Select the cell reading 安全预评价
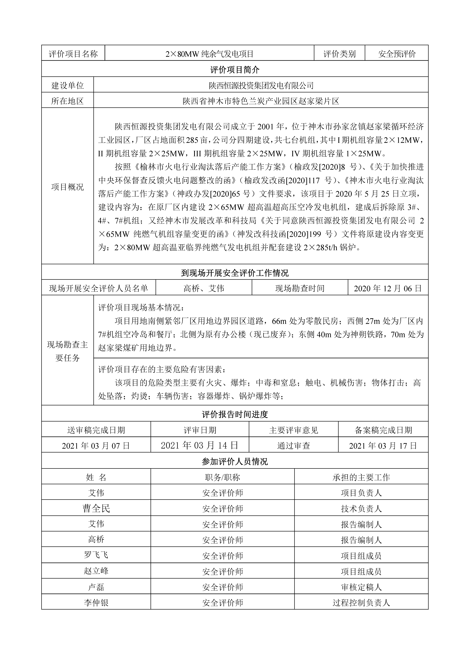click(397, 54)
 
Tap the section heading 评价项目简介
click(235, 69)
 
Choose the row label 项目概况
click(67, 187)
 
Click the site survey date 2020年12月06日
click(388, 288)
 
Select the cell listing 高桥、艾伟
click(204, 288)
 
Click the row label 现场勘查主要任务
click(67, 351)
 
